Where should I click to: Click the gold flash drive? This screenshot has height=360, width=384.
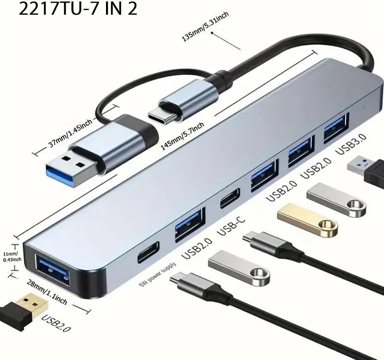pyautogui.click(x=307, y=219)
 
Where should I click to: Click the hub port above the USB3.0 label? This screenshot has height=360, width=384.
pyautogui.click(x=336, y=128)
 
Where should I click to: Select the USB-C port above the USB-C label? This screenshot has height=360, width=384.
pyautogui.click(x=230, y=198)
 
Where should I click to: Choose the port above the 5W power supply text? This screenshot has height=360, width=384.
pyautogui.click(x=148, y=252)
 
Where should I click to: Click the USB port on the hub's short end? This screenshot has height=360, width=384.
pyautogui.click(x=53, y=271)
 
